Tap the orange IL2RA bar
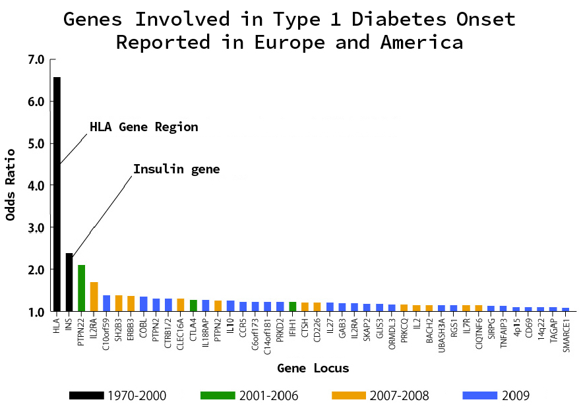(94, 296)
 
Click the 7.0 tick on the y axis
(36, 60)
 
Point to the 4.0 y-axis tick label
(36, 186)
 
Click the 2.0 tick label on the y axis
(36, 270)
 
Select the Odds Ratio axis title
(11, 185)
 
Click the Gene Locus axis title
(313, 368)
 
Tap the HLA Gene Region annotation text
(144, 127)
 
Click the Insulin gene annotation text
(176, 169)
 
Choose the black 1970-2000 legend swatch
(86, 395)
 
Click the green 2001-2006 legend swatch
(218, 395)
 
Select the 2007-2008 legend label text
(399, 396)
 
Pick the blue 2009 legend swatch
(479, 395)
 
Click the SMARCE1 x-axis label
(566, 335)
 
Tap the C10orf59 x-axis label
(107, 335)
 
